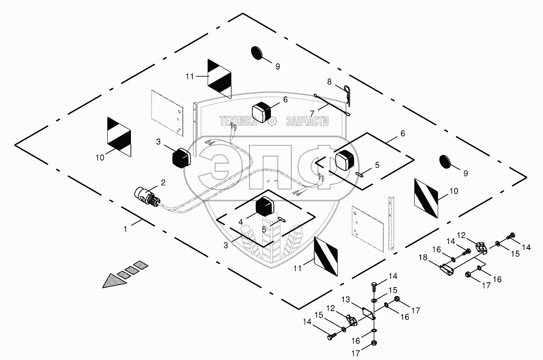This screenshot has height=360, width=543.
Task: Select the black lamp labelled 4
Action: click(x=266, y=206)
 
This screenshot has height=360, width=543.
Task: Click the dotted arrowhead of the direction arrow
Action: click(x=112, y=281)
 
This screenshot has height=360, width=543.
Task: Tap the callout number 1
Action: click(x=126, y=229)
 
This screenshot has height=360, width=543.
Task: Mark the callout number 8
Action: click(x=330, y=81)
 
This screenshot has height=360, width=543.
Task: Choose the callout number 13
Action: click(x=346, y=299)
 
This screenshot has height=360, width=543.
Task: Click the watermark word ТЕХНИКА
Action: click(x=238, y=121)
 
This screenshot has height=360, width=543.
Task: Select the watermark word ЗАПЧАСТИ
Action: click(x=307, y=121)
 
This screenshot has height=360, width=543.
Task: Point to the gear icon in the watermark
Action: click(x=271, y=121)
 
